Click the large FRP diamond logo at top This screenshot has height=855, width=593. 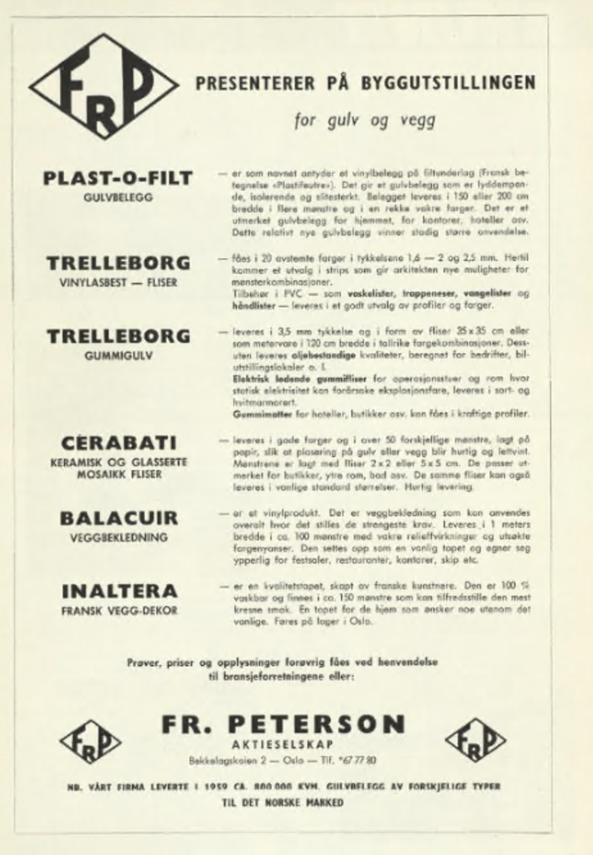(x=104, y=87)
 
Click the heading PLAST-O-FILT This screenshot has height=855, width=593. (x=118, y=178)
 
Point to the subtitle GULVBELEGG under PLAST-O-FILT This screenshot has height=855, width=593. (x=118, y=198)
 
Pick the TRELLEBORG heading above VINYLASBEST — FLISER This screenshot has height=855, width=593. (x=118, y=263)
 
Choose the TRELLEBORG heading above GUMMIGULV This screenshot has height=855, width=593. (x=118, y=336)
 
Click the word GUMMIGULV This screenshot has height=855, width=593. (x=118, y=356)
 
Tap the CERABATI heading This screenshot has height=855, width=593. (x=118, y=443)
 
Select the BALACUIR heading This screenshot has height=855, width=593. (x=118, y=518)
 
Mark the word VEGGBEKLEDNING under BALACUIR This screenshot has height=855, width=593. (x=118, y=537)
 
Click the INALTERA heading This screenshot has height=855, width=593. (x=119, y=591)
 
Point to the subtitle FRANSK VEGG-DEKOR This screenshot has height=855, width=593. (x=119, y=610)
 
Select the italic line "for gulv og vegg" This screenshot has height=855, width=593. (x=364, y=120)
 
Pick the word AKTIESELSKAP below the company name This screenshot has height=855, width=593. (x=282, y=745)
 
